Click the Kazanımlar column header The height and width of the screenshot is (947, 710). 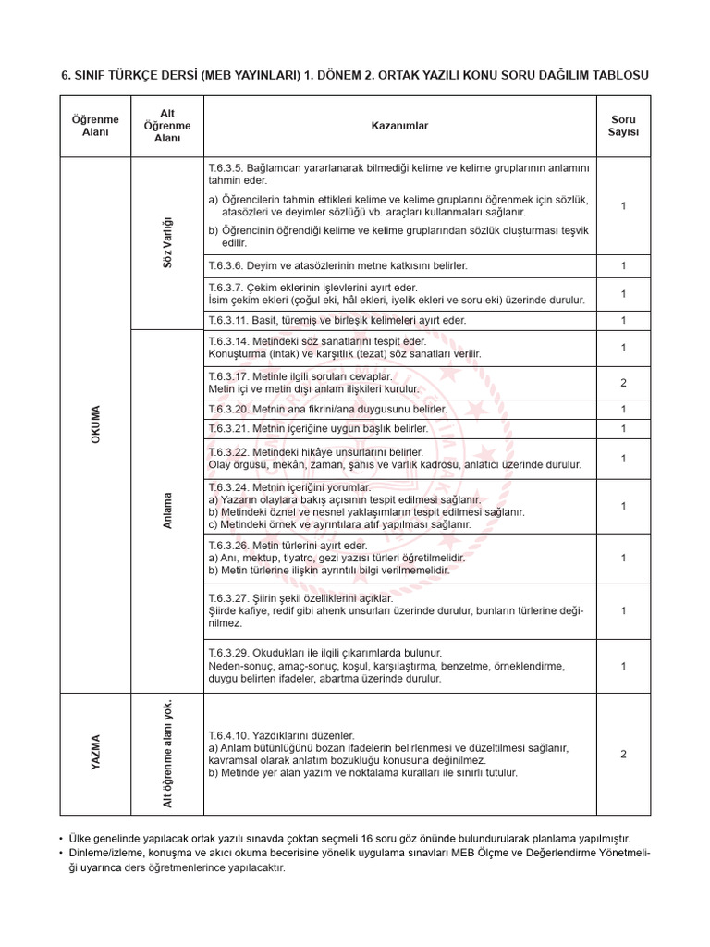pos(400,126)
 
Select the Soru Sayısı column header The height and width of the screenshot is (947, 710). pos(623,126)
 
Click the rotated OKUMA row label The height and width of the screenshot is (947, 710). pos(95,424)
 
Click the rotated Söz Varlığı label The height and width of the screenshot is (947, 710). pos(167,243)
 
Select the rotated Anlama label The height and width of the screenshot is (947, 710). pos(167,510)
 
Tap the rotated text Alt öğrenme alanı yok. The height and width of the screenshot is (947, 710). pos(167,753)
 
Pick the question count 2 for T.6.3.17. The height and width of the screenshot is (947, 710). pos(623,383)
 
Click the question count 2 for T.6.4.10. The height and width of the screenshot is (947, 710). pos(623,754)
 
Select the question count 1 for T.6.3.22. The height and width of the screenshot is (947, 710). pos(623,459)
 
